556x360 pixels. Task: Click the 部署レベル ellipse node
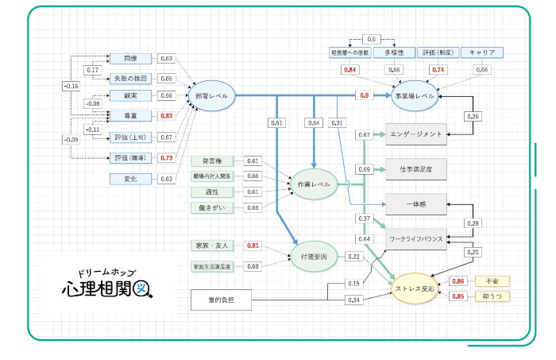point(210,95)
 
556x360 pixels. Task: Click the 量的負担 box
point(220,300)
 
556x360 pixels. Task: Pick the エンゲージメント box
point(416,134)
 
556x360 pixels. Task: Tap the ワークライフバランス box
point(416,238)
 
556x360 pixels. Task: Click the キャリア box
point(482,52)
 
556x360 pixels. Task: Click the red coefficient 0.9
point(365,95)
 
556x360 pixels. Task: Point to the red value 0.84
point(349,70)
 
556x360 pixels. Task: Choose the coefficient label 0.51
point(276,123)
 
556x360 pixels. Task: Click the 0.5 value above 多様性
point(371,38)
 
